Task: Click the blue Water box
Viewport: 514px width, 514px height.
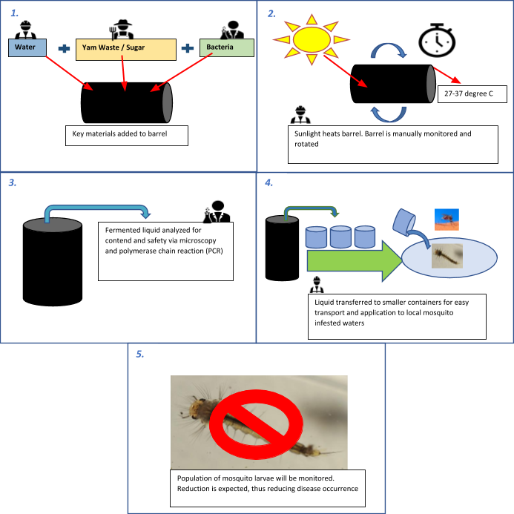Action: (27, 48)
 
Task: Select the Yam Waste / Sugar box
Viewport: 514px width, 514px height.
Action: (125, 49)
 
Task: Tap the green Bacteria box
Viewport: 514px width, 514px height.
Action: (226, 47)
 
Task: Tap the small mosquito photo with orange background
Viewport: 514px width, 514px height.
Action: (447, 219)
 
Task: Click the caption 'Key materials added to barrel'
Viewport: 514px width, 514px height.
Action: (125, 135)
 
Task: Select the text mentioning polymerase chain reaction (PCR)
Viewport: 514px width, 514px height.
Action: (165, 251)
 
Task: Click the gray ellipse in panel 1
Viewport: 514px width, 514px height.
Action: (168, 103)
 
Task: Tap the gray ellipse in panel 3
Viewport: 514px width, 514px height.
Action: (52, 224)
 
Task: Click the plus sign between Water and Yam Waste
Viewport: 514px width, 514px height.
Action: (65, 48)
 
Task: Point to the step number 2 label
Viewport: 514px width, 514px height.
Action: (273, 13)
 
